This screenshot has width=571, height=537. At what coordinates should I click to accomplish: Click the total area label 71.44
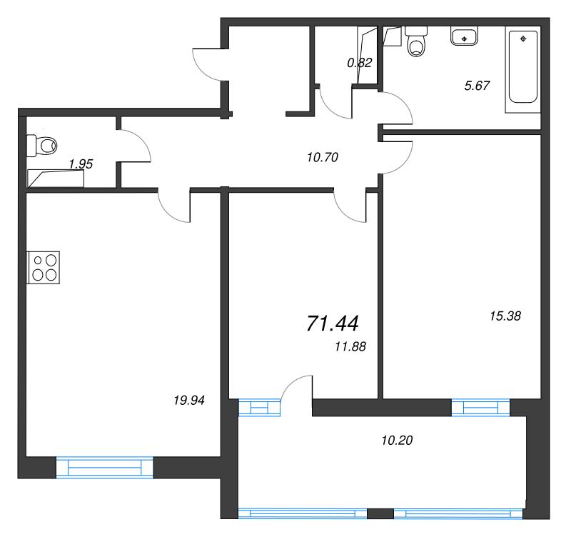pyautogui.click(x=333, y=323)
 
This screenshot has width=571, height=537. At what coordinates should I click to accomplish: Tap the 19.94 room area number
pyautogui.click(x=189, y=401)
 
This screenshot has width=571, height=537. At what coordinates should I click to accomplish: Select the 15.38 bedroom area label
pyautogui.click(x=505, y=316)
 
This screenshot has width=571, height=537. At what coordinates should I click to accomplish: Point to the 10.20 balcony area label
pyautogui.click(x=397, y=441)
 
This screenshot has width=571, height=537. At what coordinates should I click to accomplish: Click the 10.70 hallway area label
pyautogui.click(x=323, y=157)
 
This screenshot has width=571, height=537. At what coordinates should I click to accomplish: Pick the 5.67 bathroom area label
pyautogui.click(x=477, y=86)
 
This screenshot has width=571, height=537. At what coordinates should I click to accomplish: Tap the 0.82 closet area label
pyautogui.click(x=360, y=63)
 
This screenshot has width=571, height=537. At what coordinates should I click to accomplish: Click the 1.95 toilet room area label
pyautogui.click(x=81, y=164)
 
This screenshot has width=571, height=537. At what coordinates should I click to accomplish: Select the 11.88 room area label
pyautogui.click(x=350, y=346)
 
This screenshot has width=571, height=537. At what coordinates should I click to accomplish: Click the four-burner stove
pyautogui.click(x=44, y=267)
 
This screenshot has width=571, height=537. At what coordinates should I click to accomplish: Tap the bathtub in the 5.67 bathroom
pyautogui.click(x=523, y=69)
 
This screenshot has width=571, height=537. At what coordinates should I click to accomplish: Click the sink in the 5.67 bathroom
pyautogui.click(x=464, y=36)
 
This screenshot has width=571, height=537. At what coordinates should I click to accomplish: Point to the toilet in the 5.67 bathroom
pyautogui.click(x=416, y=41)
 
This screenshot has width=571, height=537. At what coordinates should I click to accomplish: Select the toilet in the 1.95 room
pyautogui.click(x=42, y=146)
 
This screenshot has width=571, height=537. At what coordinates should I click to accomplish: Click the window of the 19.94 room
pyautogui.click(x=105, y=467)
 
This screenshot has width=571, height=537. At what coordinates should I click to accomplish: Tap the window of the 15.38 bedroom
pyautogui.click(x=480, y=407)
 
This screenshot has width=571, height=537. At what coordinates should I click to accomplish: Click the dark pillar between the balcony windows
pyautogui.click(x=380, y=513)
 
